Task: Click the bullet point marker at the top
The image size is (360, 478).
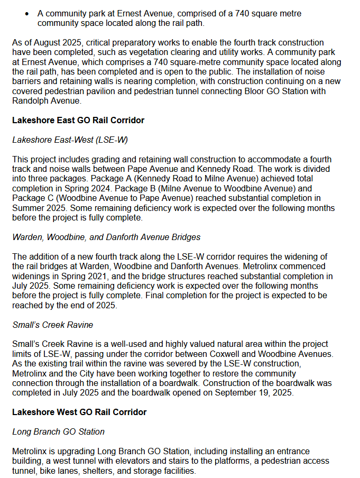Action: click(x=27, y=12)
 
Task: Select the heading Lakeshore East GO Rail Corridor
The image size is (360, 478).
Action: click(x=78, y=121)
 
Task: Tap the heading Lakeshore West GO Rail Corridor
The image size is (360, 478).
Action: click(x=79, y=412)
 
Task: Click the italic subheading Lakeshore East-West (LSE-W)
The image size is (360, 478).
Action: click(x=70, y=140)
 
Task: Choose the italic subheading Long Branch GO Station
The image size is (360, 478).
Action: click(x=58, y=431)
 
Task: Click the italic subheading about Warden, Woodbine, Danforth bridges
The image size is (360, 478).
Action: click(x=106, y=237)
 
